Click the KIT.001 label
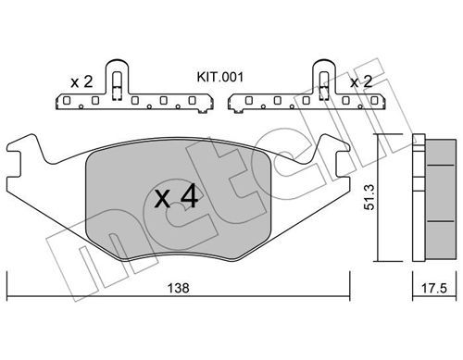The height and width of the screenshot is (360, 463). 220,77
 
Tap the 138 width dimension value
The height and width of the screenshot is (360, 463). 178,288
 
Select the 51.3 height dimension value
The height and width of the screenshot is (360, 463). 369,197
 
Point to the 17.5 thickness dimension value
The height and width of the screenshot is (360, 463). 434,288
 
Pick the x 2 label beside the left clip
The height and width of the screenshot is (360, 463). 81,81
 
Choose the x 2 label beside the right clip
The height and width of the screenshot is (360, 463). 361,81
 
